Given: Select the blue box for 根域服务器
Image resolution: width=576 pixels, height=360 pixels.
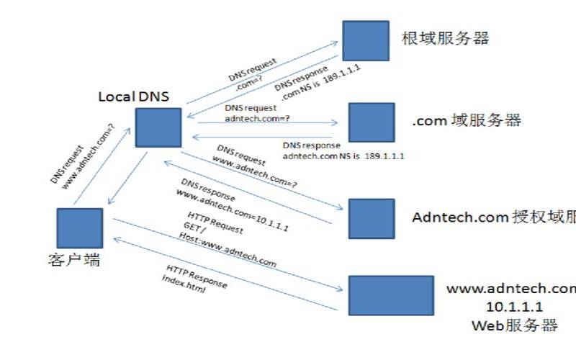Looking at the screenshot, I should click(x=366, y=40).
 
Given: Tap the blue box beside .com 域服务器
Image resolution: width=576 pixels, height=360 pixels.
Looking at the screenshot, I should click(x=372, y=122).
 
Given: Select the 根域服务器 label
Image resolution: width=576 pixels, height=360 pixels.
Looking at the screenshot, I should click(x=445, y=39).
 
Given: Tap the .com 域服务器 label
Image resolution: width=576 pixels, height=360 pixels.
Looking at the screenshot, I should click(x=466, y=121).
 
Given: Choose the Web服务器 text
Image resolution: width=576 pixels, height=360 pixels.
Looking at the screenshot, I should click(x=514, y=325).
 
